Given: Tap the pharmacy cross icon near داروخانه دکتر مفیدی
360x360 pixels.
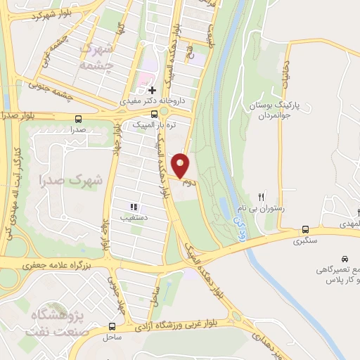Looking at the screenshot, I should click(152, 90).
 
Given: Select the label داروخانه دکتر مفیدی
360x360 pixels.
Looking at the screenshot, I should click(152, 101).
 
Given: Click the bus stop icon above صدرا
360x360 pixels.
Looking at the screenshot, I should click(78, 119).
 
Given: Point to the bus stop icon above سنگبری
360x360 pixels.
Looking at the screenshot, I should click(305, 229).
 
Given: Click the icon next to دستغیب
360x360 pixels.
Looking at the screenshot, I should click(133, 207).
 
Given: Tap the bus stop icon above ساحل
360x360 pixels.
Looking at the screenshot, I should click(112, 326).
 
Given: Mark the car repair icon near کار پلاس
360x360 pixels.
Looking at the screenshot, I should click(345, 257).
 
